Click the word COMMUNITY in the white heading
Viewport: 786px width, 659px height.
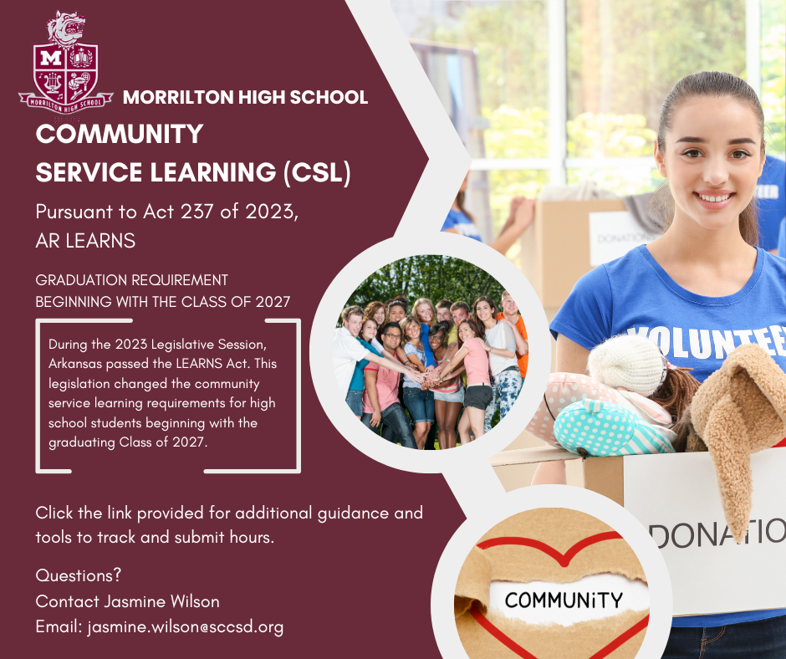(120, 134)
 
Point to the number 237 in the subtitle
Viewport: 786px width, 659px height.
(199, 212)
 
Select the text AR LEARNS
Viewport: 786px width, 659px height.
(85, 241)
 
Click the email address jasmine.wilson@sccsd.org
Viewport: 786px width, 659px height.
(185, 626)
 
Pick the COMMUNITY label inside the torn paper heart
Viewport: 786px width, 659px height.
(564, 600)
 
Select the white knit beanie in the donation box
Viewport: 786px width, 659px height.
(627, 363)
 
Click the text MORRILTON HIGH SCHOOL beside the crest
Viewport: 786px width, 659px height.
(245, 98)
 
